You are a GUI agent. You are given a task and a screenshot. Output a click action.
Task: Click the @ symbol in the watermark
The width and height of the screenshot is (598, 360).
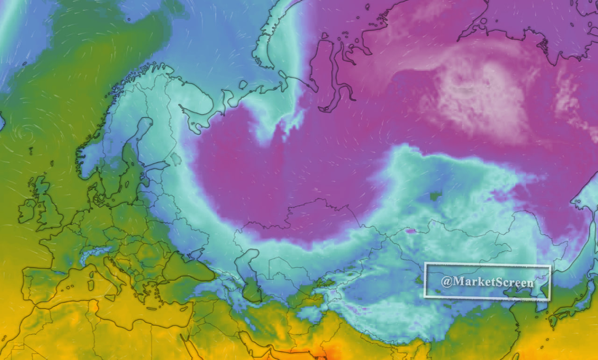[447, 282]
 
